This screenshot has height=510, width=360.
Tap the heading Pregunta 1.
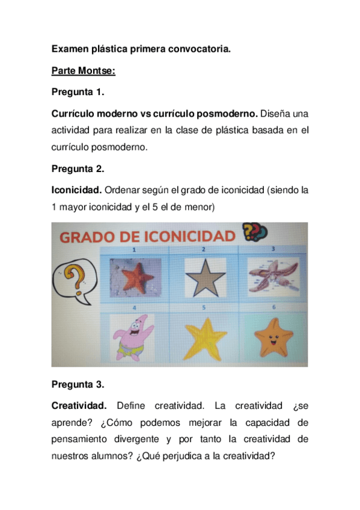coord(78,92)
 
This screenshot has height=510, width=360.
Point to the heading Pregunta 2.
coord(78,169)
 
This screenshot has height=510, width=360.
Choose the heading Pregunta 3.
coord(78,384)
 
